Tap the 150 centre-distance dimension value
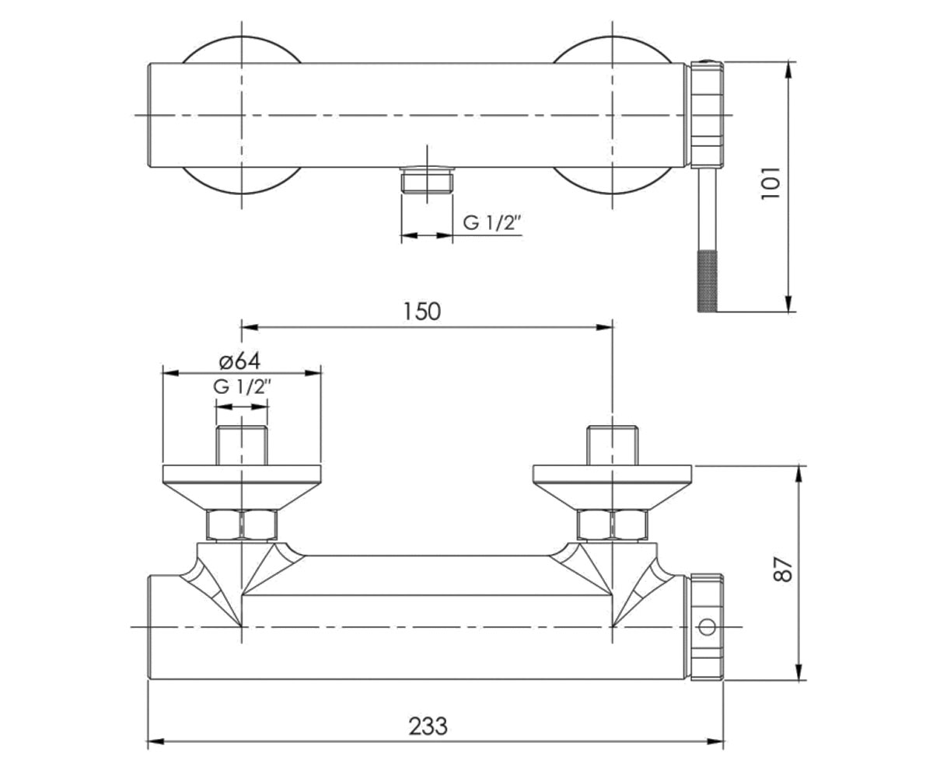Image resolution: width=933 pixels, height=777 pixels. point(422,312)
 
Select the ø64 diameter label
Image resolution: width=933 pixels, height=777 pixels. point(239,361)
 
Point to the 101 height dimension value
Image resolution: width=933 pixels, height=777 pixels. point(771,183)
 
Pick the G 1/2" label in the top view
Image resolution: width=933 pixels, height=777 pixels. point(492,223)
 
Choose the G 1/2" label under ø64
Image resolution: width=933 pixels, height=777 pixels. point(242,387)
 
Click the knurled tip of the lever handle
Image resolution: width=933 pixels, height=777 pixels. point(708,281)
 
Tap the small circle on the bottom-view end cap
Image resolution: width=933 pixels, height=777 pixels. point(707,627)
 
